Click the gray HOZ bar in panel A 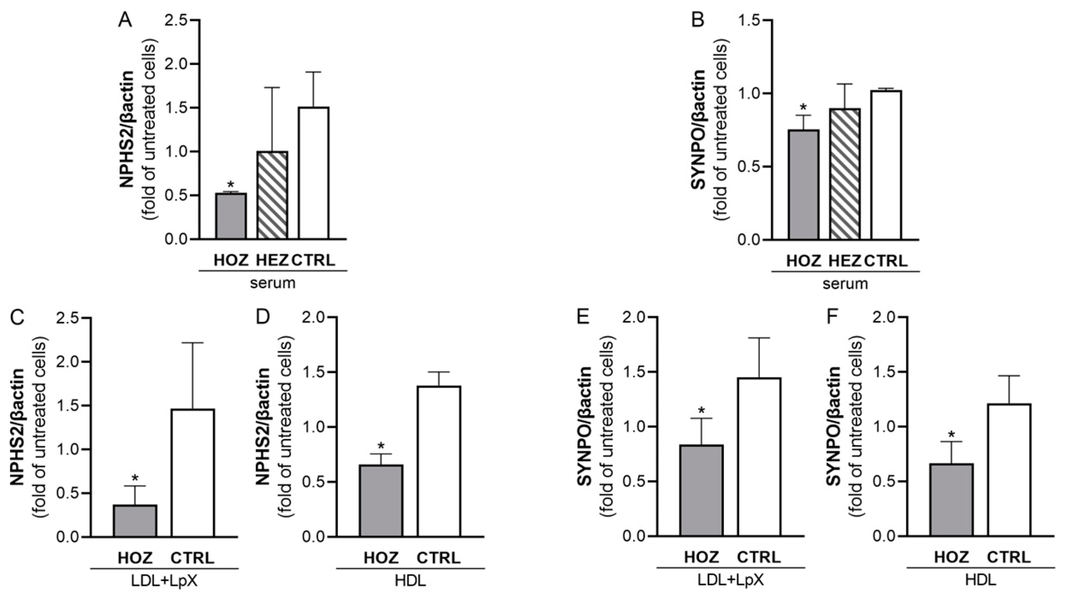tap(231, 216)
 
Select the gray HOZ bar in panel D tap(381, 501)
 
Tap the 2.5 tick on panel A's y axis tap(177, 20)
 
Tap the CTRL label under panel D tap(438, 558)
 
